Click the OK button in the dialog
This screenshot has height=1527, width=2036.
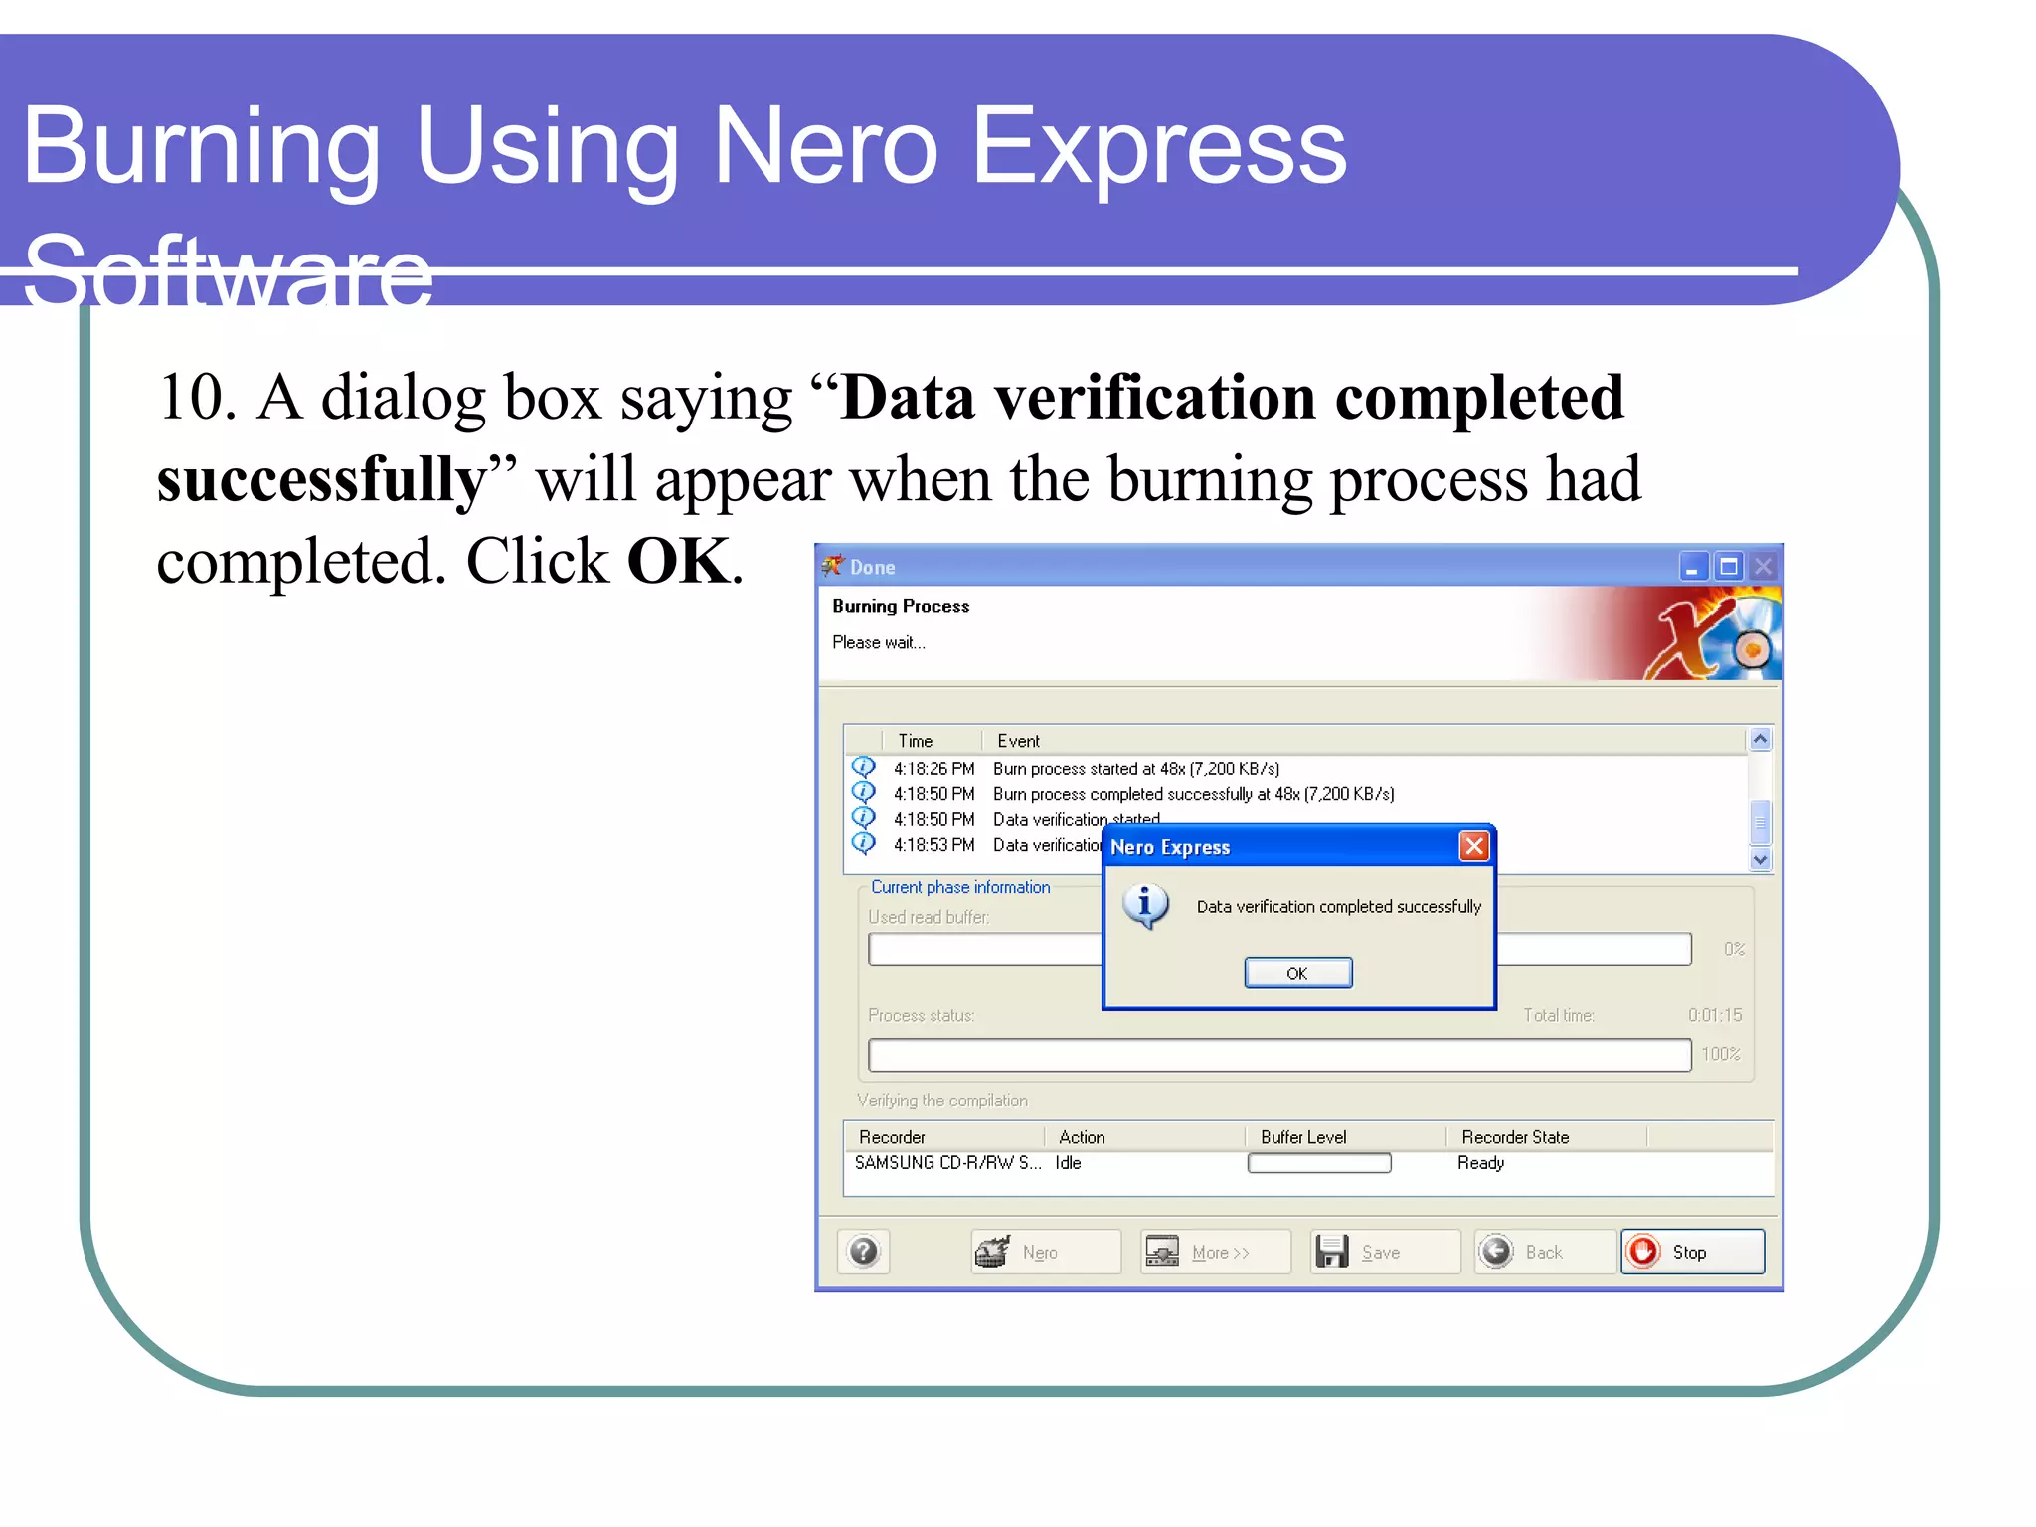[1297, 973]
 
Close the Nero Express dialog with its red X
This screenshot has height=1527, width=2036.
[1473, 846]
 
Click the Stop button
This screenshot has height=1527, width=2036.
[1692, 1252]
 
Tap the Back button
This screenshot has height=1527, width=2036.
[1543, 1252]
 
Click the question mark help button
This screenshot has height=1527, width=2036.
[863, 1251]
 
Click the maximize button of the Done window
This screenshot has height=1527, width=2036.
[1729, 567]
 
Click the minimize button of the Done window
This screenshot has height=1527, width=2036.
[1693, 567]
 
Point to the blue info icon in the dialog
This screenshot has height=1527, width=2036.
[1145, 905]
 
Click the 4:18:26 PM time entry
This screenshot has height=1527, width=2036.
[933, 768]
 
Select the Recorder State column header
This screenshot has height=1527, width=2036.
[1514, 1136]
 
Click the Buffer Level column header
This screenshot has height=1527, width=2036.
[1302, 1136]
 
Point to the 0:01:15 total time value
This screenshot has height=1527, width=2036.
[1714, 1015]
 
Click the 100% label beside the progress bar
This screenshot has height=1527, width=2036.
[1720, 1054]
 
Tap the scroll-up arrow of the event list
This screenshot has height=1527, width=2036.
[1760, 739]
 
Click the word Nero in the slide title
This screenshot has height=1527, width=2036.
[825, 147]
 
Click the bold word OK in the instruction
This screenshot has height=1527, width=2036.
[679, 561]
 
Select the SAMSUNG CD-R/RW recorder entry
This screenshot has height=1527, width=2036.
[946, 1162]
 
